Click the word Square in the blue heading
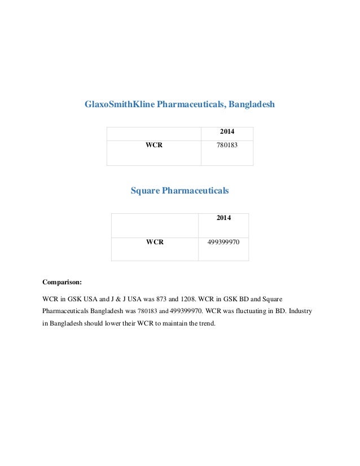(x=145, y=191)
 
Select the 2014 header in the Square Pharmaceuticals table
(x=224, y=218)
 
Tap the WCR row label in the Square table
(x=155, y=243)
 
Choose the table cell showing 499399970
(x=223, y=243)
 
